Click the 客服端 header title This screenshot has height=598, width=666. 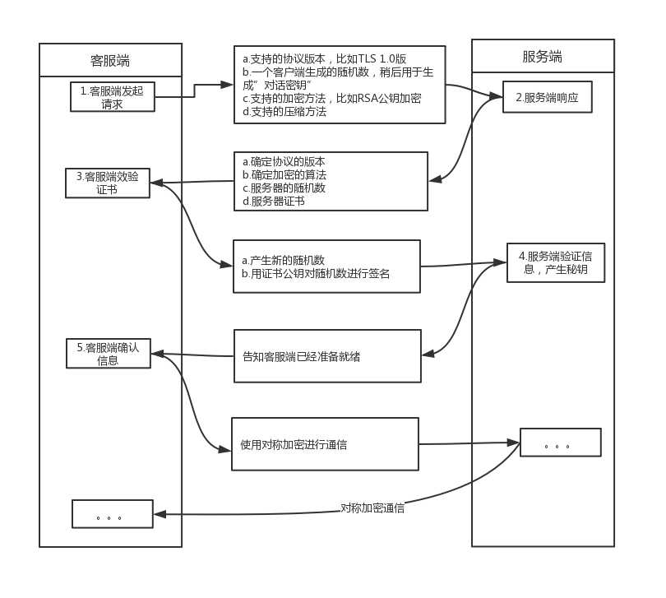coord(110,61)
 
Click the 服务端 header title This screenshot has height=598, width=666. coord(543,57)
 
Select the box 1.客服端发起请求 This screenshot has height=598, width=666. coord(112,97)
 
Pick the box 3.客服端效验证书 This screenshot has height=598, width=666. coord(108,183)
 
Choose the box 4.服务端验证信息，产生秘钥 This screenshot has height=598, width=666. coord(555,262)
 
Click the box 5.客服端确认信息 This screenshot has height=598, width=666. coord(108,353)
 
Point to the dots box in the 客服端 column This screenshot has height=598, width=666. coord(112,514)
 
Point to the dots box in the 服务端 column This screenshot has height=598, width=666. coord(559,443)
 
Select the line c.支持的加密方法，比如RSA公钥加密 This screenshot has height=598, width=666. coord(331,99)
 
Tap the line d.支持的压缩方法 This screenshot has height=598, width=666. coord(284,112)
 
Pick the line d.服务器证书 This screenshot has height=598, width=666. coord(273,201)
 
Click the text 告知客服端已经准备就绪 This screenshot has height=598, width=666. coord(301,357)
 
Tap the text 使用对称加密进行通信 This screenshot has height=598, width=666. coord(293,444)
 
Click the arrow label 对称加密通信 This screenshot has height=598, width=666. coord(372,508)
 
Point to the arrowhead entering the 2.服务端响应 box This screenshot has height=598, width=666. coord(497,96)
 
